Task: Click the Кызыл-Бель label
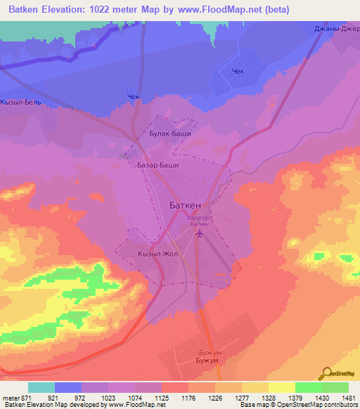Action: click(x=22, y=102)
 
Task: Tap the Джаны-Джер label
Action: click(x=336, y=29)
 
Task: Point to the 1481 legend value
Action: click(x=340, y=397)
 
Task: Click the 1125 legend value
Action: click(x=161, y=397)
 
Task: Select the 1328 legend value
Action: click(x=260, y=397)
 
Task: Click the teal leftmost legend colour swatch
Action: click(x=41, y=387)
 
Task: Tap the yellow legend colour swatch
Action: click(x=281, y=387)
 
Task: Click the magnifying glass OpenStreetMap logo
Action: click(x=326, y=373)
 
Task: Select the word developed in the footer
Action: click(x=87, y=405)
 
